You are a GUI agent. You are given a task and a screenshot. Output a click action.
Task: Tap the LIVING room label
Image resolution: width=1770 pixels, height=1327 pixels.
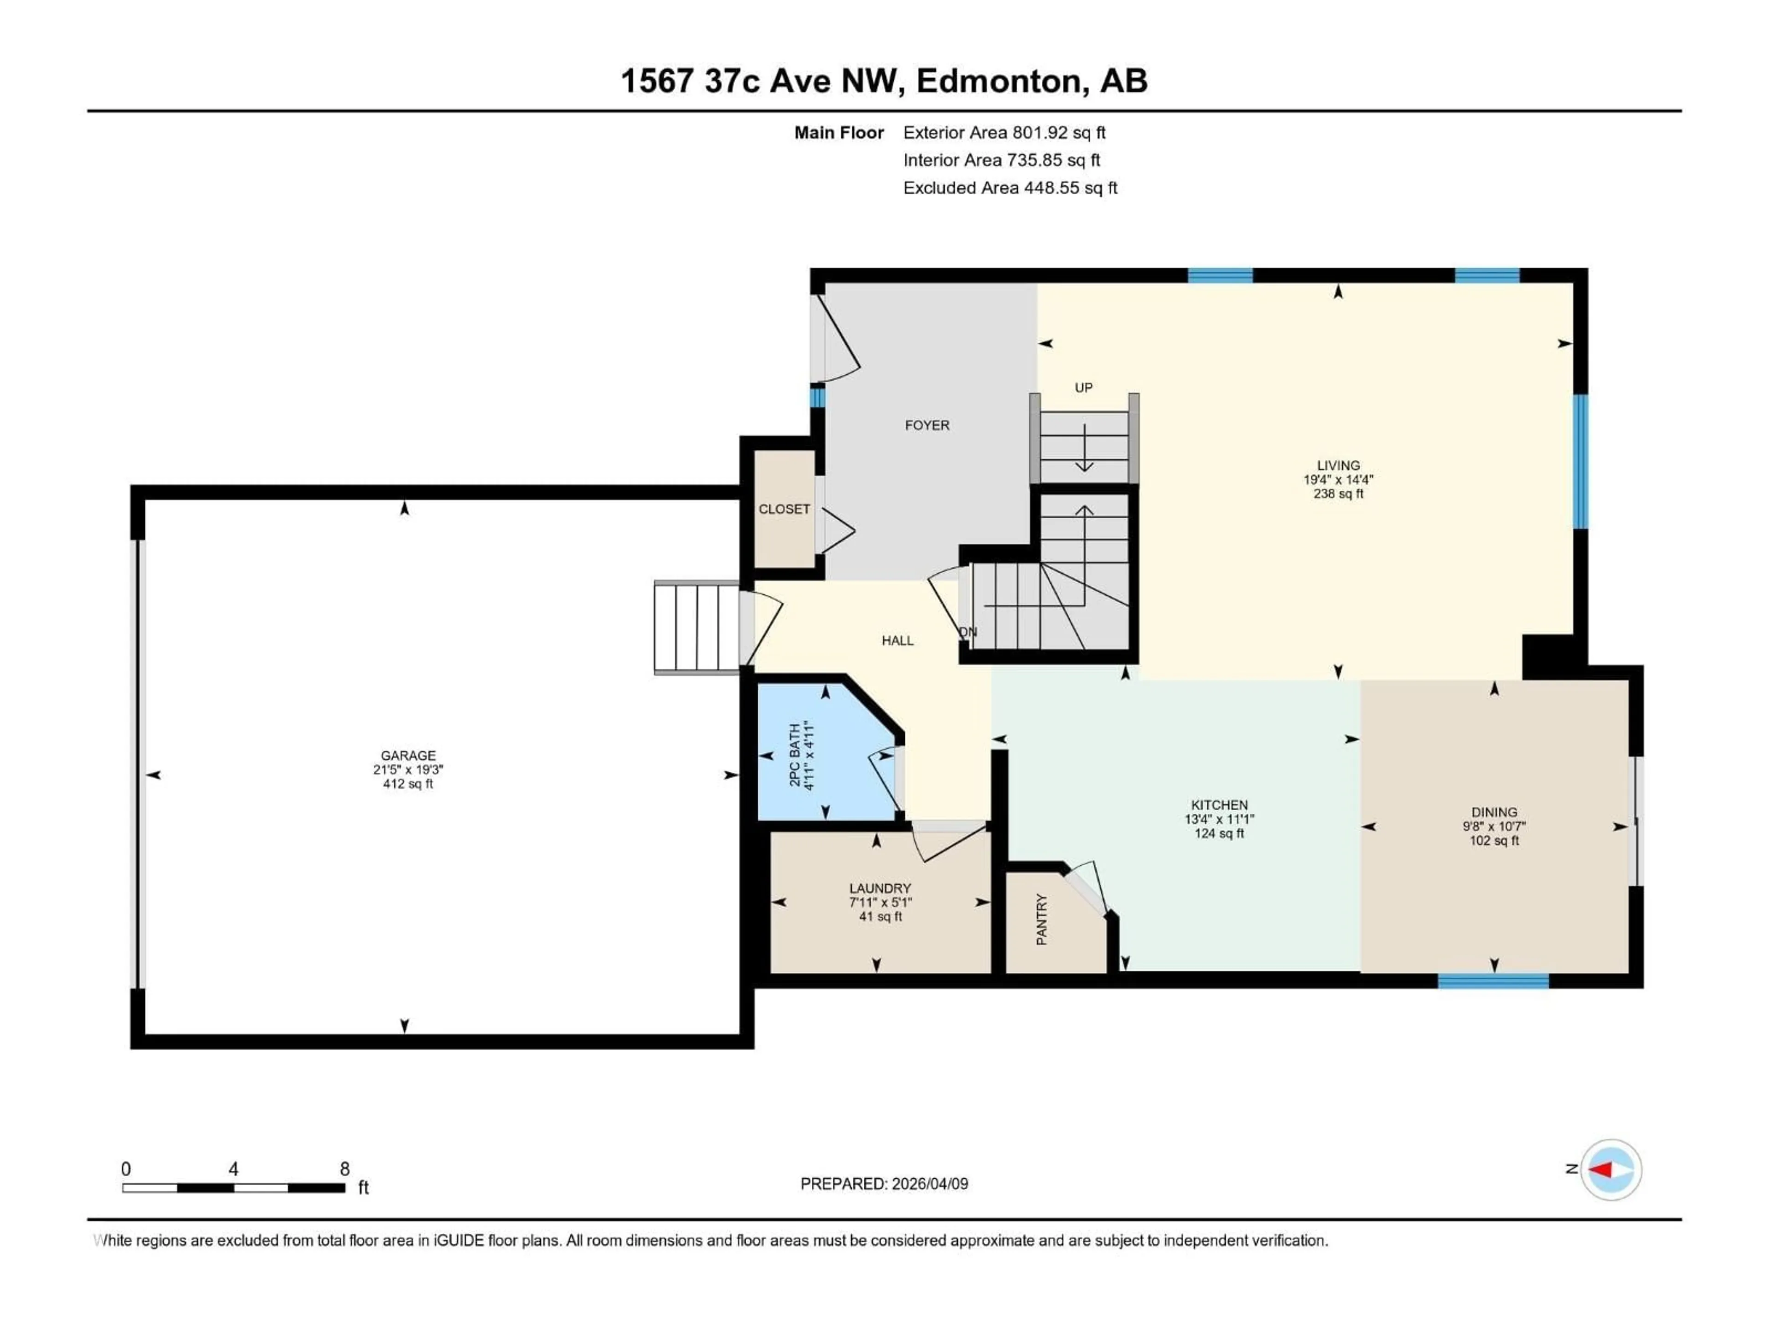pos(1338,465)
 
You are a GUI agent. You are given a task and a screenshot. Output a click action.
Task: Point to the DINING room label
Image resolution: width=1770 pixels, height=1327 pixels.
pos(1493,812)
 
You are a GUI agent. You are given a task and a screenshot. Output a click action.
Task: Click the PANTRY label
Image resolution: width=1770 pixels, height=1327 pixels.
pos(1042,920)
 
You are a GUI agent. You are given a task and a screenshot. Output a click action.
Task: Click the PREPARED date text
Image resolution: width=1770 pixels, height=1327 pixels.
pos(884,1184)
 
